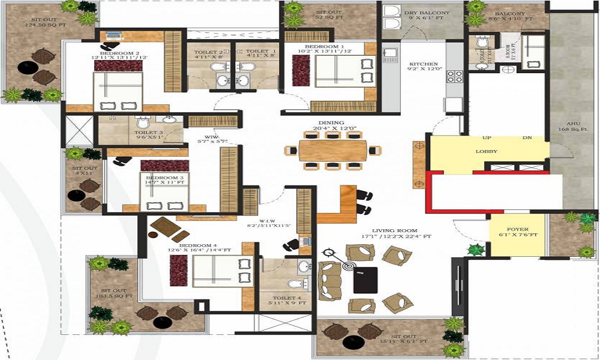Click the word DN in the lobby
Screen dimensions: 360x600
pyautogui.click(x=527, y=138)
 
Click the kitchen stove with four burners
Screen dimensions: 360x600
pyautogui.click(x=455, y=76)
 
